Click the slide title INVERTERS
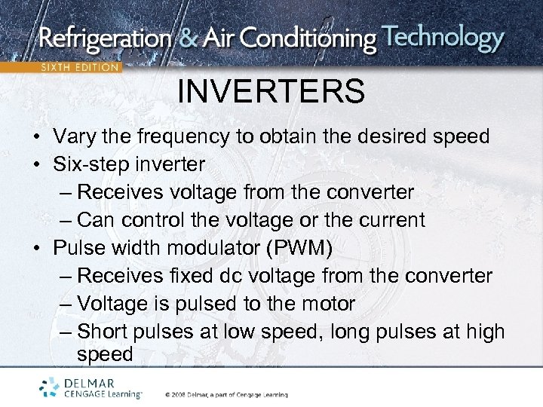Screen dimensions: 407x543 pos(271,92)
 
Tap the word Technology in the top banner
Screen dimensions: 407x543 pos(443,38)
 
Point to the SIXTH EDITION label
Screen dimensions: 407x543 pos(79,68)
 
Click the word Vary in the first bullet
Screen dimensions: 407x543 pos(74,137)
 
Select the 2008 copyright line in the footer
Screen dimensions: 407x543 pos(226,394)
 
